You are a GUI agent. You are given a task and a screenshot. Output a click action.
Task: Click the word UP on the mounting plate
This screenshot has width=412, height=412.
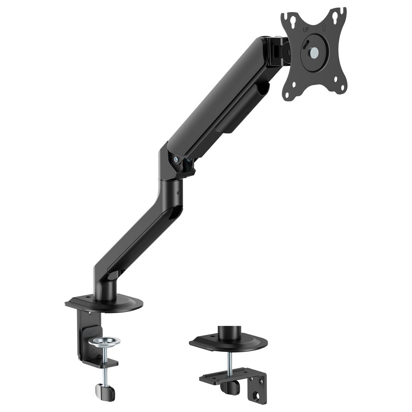tap(306, 30)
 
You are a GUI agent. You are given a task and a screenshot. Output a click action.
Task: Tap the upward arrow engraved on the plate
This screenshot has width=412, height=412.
tap(324, 27)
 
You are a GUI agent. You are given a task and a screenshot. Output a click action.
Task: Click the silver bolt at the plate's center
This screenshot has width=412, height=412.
tap(314, 52)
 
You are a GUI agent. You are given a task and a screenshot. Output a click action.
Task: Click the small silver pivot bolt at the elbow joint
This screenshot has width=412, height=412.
tap(176, 159)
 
